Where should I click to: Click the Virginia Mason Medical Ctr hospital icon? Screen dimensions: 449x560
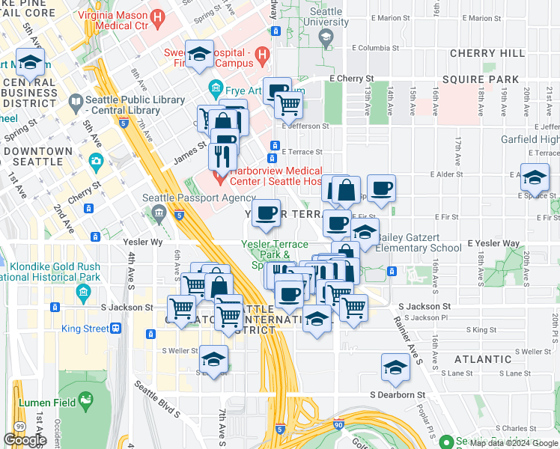158,15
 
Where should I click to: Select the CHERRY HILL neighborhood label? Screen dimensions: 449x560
482,54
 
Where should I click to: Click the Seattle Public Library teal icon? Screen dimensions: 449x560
76,100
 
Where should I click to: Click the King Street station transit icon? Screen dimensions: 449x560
116,328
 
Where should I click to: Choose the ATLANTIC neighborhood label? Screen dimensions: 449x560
483,359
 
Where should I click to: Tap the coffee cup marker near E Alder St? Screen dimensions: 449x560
381,189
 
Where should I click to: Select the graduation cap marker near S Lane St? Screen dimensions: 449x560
395,367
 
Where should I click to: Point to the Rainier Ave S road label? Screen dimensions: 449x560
407,340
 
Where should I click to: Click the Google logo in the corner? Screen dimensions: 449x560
25,440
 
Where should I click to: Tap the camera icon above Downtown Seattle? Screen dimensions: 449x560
95,161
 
